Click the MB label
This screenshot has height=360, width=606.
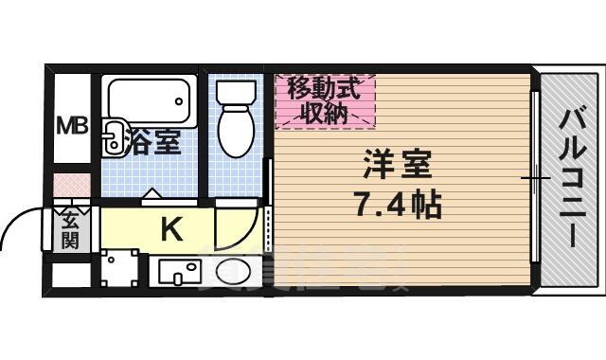pos(71,124)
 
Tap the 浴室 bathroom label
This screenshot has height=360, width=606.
pos(154,144)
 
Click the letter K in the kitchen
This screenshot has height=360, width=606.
pos(170,228)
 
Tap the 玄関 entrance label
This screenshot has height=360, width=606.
pos(70,230)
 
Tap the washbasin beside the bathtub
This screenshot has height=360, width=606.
pos(114,138)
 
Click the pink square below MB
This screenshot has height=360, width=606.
pos(71,185)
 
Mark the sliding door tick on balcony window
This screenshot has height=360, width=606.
pos(535,177)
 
